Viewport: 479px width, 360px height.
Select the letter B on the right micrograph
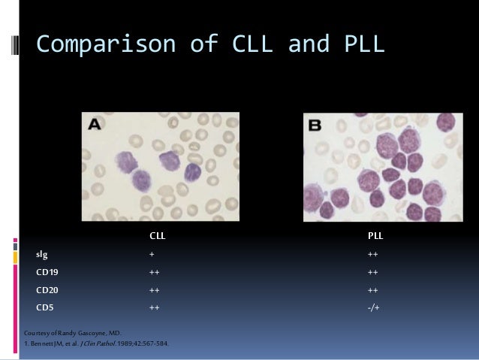315,127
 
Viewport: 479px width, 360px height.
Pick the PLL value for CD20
373,289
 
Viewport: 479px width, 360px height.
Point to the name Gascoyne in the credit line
90,331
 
